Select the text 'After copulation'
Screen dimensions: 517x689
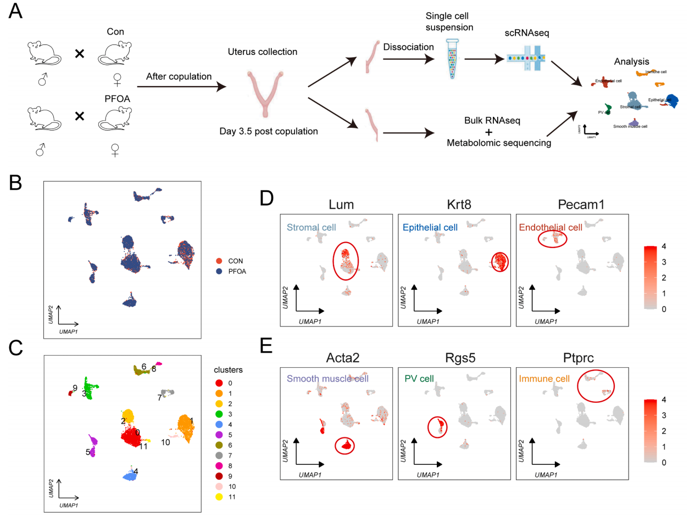point(179,77)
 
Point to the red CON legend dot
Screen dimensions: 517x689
point(219,261)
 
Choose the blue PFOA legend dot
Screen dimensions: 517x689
point(219,270)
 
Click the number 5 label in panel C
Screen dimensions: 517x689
point(87,452)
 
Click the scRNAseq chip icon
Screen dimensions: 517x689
point(526,57)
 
